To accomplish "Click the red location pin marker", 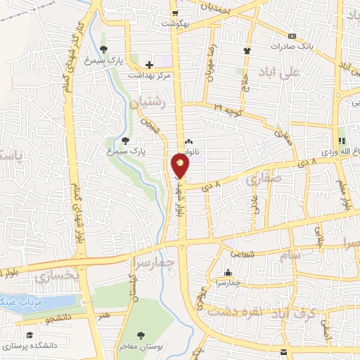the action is coord(181,166).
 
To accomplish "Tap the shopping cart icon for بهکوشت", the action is coord(174,12).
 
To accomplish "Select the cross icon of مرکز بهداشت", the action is coord(149,65).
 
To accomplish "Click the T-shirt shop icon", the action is coord(246,51).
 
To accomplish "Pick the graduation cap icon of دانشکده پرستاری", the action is coord(30,335).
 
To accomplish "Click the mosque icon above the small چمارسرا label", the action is coord(226,273).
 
